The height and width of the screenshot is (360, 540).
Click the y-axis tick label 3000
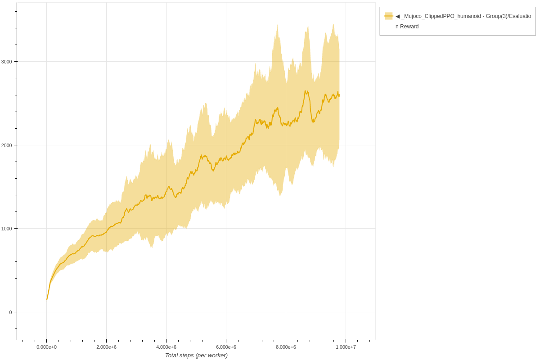tap(7, 61)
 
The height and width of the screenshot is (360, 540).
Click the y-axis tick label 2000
tap(7, 145)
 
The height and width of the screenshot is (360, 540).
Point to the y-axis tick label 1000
tap(7, 229)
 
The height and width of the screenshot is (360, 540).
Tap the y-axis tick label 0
tap(10, 312)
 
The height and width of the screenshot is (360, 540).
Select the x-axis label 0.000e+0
tap(46, 347)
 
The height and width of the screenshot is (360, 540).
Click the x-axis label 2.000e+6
tap(106, 347)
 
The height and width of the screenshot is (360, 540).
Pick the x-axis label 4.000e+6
tap(166, 347)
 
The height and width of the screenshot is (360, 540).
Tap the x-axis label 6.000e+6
tap(226, 347)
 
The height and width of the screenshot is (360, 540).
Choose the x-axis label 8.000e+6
tap(286, 347)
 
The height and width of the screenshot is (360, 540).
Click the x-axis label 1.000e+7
tap(346, 347)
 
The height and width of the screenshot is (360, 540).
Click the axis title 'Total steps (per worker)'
tap(196, 355)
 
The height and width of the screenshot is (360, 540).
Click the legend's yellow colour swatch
tap(389, 16)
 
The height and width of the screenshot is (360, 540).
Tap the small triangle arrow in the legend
tap(397, 16)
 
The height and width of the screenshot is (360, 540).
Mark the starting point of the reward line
tap(47, 300)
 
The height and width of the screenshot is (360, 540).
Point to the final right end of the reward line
tap(339, 95)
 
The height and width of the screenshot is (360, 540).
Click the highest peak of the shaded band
tap(333, 24)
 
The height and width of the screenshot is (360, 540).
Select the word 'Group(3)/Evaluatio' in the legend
tap(508, 16)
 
